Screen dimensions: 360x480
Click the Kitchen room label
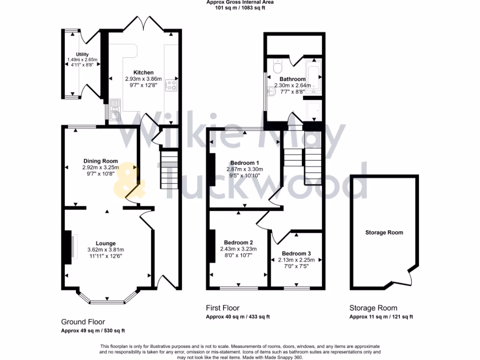click(143, 72)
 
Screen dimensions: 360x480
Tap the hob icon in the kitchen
click(172, 85)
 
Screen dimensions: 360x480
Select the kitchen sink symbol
click(115, 107)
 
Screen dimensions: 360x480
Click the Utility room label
click(82, 54)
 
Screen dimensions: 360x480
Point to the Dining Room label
click(101, 161)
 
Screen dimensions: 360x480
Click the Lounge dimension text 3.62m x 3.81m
click(105, 249)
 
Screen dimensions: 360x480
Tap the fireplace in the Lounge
click(69, 247)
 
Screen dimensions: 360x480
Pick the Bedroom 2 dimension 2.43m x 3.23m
click(239, 249)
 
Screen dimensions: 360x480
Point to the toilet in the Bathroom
click(277, 63)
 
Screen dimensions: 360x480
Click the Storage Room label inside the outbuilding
click(384, 232)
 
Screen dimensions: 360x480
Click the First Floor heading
click(223, 308)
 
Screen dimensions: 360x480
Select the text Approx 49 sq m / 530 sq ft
click(93, 330)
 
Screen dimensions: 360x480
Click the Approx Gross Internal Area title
click(240, 2)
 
